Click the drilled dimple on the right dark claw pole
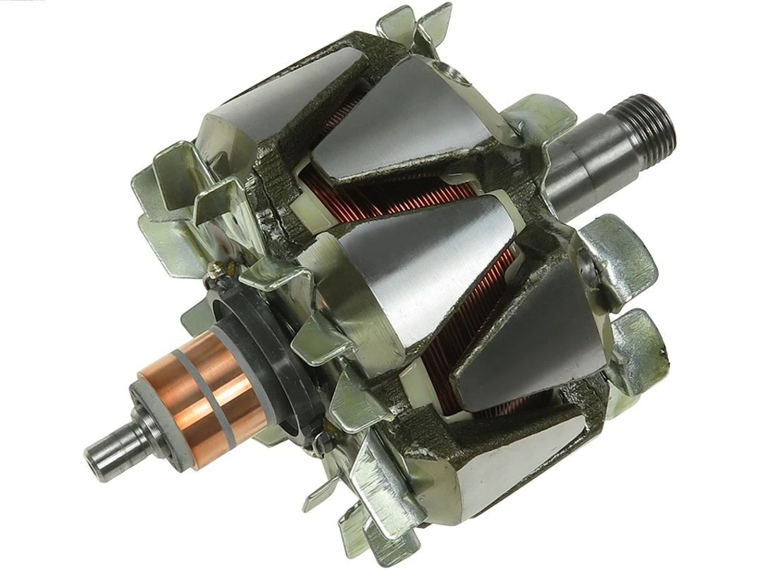(x=588, y=265)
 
